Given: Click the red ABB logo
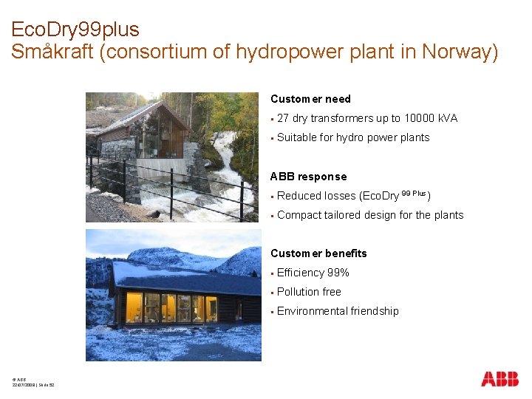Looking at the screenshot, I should point(499,379).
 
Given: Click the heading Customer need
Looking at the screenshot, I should point(310,99).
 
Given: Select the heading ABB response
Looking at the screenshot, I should point(308,177).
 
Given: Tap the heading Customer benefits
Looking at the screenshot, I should point(318,253).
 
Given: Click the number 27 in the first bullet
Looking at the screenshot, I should point(283,118).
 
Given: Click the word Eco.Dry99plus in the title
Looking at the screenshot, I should point(75,30).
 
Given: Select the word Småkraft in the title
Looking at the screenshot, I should point(50,52).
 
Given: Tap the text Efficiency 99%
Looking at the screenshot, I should point(313,273).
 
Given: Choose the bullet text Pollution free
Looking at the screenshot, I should point(309,292).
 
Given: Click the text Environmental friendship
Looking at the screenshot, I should point(338,311).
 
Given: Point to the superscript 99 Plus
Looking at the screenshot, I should point(413,194).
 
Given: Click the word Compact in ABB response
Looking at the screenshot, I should point(299,215).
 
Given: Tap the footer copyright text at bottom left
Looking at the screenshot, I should point(33,382).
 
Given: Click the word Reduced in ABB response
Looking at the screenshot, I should point(299,196).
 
